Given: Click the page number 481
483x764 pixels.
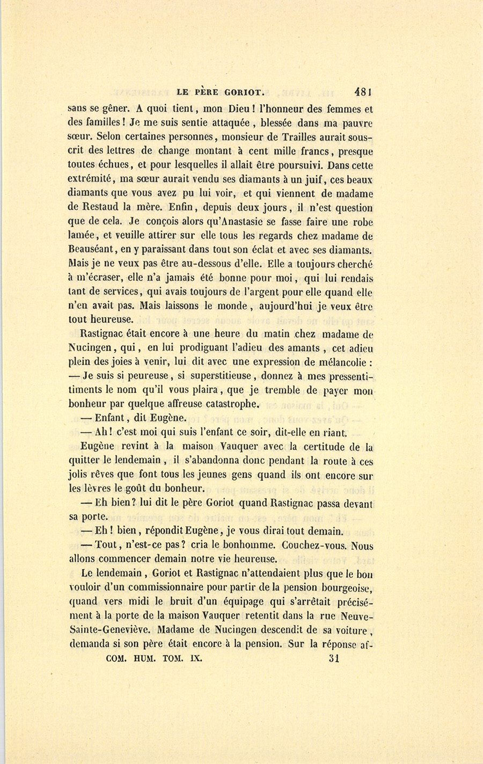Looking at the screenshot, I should pyautogui.click(x=363, y=92).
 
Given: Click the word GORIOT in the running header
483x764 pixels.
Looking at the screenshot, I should pyautogui.click(x=239, y=92).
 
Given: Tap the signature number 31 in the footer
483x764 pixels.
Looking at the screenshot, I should pyautogui.click(x=334, y=659).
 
